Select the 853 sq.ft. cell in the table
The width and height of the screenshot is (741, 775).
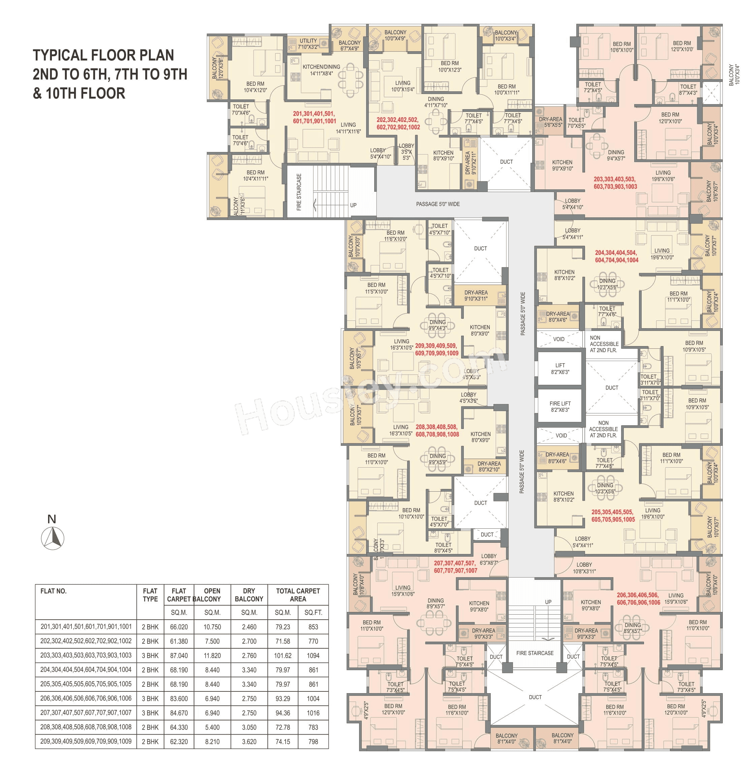[313, 627]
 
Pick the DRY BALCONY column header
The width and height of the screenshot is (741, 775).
[249, 595]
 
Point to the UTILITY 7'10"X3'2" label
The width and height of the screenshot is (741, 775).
[308, 43]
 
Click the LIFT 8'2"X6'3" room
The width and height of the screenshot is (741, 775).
[560, 368]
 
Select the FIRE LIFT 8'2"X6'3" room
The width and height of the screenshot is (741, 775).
[560, 406]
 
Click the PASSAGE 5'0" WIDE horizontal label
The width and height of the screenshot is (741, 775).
[438, 204]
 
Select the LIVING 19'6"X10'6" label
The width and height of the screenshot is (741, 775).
[663, 176]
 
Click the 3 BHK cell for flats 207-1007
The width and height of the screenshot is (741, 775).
[150, 713]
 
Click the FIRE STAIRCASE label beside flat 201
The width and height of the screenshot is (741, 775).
[299, 192]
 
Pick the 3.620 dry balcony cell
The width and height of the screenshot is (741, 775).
[249, 741]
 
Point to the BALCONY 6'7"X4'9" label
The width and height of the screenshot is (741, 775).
[350, 45]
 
